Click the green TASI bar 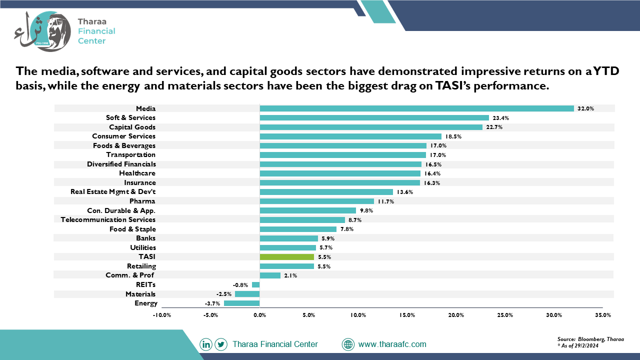click(x=287, y=257)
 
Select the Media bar click(x=417, y=108)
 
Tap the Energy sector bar click(x=242, y=303)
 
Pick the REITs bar click(x=256, y=285)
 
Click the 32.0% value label click(x=585, y=108)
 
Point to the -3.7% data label click(x=212, y=303)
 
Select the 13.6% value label click(x=405, y=192)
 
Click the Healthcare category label click(x=137, y=173)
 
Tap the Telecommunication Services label click(x=108, y=219)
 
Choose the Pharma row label click(x=142, y=201)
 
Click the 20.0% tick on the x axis click(x=456, y=315)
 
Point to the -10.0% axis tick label click(x=161, y=315)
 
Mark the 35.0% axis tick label click(x=603, y=315)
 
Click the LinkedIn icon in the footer click(x=206, y=344)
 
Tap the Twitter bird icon click(x=221, y=344)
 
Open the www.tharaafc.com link click(x=392, y=344)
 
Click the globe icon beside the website click(x=348, y=344)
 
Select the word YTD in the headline click(x=606, y=71)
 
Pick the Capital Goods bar click(x=371, y=127)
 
